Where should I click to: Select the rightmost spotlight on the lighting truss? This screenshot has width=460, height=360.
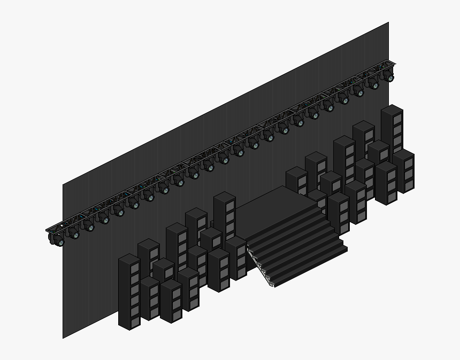click(389, 77)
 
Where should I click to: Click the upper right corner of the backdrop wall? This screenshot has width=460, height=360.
click(388, 23)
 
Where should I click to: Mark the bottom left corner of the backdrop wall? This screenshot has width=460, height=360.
click(63, 338)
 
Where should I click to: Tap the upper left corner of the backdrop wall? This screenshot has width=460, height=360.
click(63, 185)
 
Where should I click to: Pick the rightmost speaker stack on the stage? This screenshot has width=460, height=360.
click(404, 171)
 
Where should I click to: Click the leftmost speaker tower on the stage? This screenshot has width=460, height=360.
click(129, 291)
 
